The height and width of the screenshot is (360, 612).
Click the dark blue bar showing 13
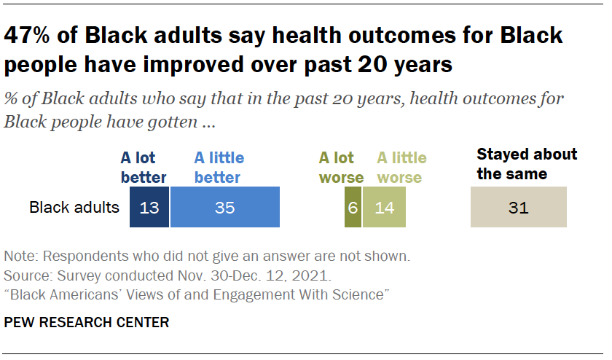click(149, 207)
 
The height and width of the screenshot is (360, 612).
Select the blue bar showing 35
click(224, 207)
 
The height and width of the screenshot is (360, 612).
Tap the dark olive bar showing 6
click(353, 207)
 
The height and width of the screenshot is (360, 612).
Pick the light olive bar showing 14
click(383, 207)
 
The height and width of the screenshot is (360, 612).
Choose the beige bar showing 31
click(518, 207)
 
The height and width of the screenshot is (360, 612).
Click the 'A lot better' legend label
click(144, 168)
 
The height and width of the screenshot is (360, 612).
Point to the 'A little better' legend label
click(219, 168)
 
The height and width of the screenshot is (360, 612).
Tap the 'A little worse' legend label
click(401, 168)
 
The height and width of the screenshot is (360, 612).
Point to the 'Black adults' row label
click(74, 208)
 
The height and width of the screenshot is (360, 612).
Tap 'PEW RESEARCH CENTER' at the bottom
click(87, 322)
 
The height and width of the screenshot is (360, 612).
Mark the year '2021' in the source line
click(315, 276)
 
